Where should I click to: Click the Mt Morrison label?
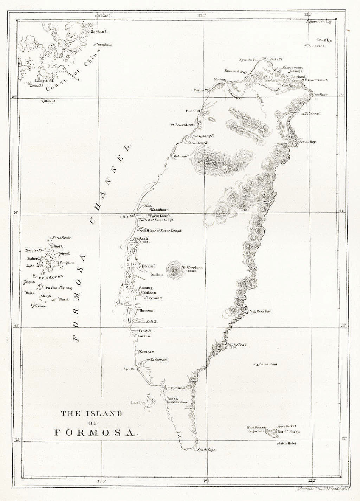pos(192,268)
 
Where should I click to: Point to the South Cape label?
pos(206,450)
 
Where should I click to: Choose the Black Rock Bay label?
pos(259,311)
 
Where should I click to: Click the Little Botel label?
pos(287,443)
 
